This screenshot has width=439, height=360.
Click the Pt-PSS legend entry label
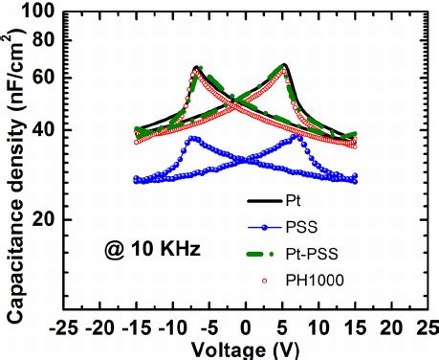pos(309,253)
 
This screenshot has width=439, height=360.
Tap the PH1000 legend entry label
pos(311,279)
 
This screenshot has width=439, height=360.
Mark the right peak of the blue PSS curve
pos(297,137)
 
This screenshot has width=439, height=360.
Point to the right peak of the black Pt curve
pos(284,65)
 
